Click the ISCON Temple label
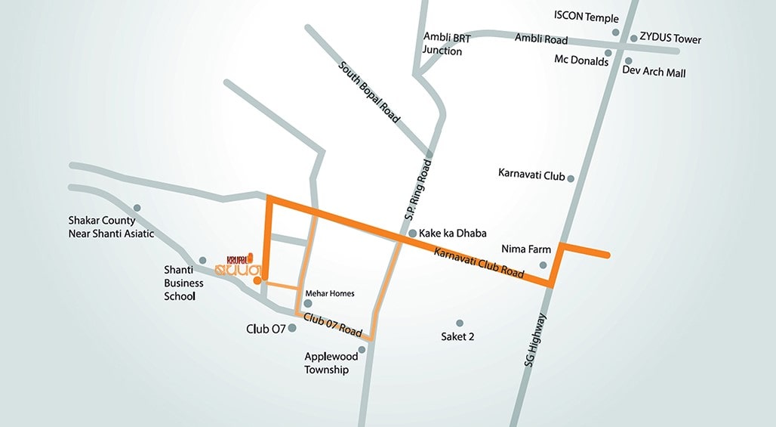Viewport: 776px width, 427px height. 586,17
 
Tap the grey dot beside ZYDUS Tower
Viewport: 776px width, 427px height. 633,37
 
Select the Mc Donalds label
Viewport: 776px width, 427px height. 581,61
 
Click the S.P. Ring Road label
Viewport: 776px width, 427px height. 418,190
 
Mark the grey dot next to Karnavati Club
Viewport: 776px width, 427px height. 571,179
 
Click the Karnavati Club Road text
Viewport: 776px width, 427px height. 479,264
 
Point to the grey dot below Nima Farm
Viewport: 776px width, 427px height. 543,265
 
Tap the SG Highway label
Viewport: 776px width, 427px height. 535,341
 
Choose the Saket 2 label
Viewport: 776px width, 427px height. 457,336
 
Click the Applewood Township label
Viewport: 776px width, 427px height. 327,364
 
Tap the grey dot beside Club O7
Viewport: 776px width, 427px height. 292,328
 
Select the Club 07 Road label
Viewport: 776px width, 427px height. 333,325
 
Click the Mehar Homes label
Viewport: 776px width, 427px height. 330,293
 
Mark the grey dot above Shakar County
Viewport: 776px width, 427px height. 137,208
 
